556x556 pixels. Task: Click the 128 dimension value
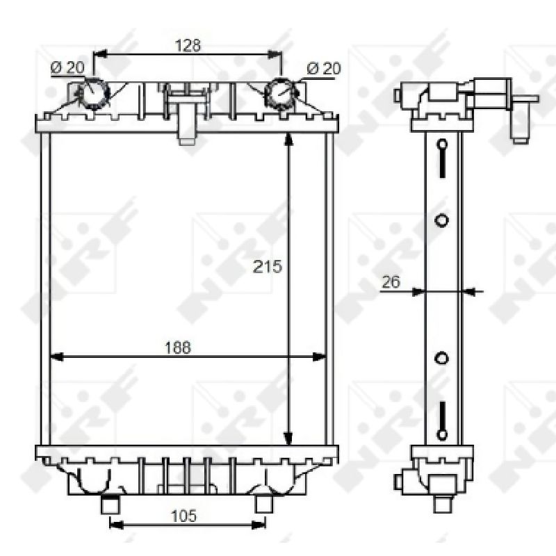tap(188, 45)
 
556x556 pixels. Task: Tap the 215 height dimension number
tap(268, 267)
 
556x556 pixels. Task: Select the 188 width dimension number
tap(178, 347)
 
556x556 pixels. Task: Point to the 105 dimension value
tap(183, 516)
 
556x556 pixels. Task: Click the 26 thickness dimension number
tap(391, 282)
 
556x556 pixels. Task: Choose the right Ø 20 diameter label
tap(323, 68)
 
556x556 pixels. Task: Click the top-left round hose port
tap(93, 93)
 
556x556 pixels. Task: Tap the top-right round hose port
tap(281, 93)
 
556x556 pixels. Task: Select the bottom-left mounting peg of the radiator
tap(111, 505)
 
